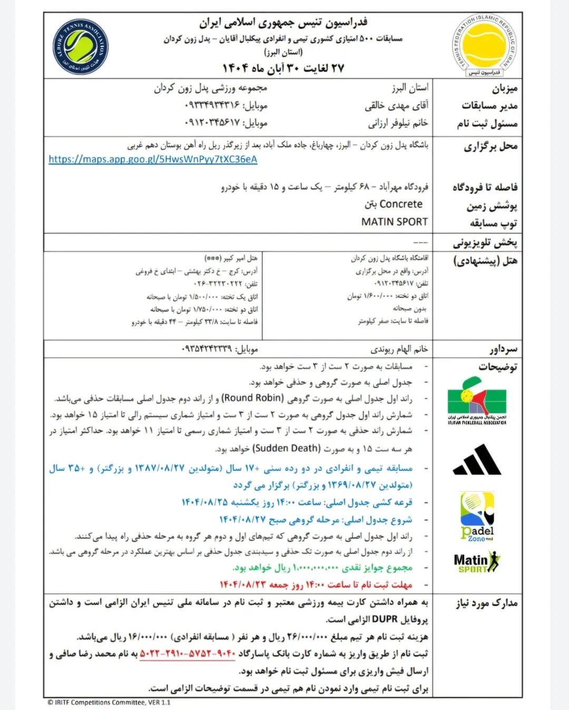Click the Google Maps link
153,159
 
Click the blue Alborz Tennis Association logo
80,47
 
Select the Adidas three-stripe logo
477,460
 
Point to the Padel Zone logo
477,517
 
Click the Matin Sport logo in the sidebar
476,562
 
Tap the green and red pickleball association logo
477,401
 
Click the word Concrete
401,204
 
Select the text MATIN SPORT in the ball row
395,222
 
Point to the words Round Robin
253,398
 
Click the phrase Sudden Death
287,448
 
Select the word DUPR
385,619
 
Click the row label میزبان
504,88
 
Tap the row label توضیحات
497,367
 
